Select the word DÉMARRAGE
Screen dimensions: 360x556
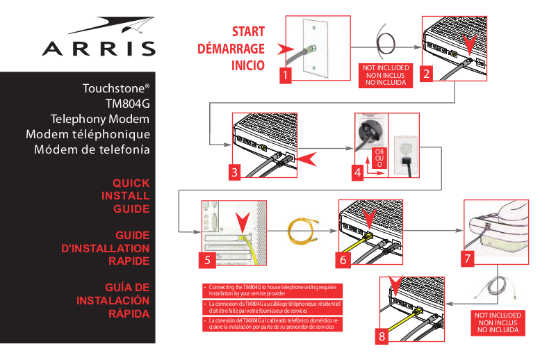(x=231, y=49)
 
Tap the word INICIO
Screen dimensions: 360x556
(x=247, y=67)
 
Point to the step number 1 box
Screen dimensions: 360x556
(x=285, y=75)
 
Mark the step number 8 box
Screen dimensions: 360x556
(x=382, y=336)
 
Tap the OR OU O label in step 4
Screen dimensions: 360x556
(x=379, y=157)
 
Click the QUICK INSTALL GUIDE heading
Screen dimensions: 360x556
(x=131, y=195)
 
